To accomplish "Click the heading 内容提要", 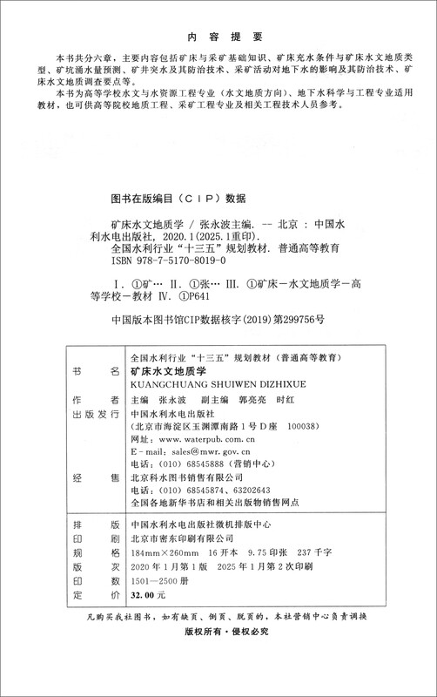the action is coord(218,37).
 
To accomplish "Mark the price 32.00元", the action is coord(147,594).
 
